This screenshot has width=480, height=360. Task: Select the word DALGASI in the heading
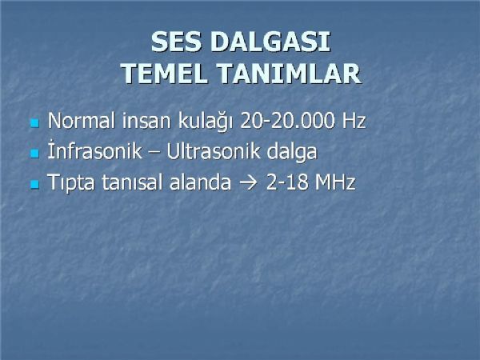270,42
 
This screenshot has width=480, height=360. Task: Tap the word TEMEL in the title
165,74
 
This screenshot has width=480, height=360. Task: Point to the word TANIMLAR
290,74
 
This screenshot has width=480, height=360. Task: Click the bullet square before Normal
35,123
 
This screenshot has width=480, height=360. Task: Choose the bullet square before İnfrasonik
35,154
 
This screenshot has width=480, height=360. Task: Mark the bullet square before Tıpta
35,184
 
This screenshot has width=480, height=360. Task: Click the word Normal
82,121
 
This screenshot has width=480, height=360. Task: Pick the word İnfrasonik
95,150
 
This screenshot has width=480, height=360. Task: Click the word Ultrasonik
213,151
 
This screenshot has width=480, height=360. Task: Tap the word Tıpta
71,182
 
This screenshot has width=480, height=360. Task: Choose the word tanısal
132,182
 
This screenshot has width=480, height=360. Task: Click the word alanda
200,182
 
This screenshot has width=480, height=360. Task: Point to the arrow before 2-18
248,182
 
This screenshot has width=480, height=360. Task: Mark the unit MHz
335,182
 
